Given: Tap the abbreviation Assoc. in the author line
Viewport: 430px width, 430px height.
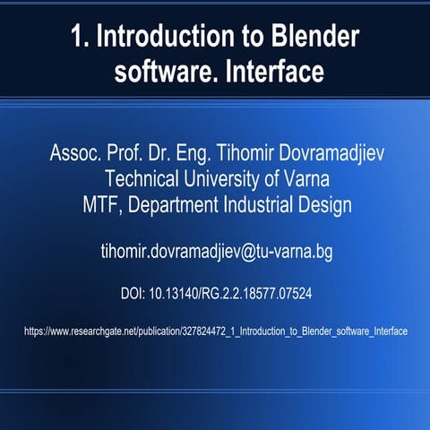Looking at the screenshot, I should tap(75, 151).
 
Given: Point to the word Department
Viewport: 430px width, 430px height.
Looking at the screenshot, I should tap(181, 203).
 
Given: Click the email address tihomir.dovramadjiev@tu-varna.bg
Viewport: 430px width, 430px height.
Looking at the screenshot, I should tap(215, 253).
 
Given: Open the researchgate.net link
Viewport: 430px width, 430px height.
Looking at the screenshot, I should tap(215, 331).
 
